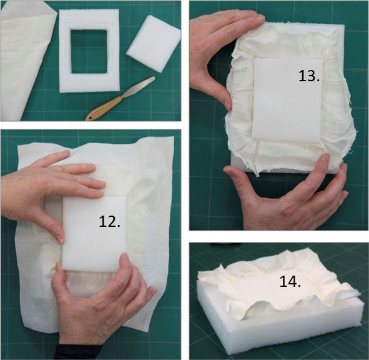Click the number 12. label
pos(109,221)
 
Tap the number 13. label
pos(309,76)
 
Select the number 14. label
pos(290,281)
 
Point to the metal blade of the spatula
pos(139,86)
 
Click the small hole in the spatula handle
pos(90,117)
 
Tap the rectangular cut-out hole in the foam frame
pos(89,51)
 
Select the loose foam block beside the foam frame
pos(154,43)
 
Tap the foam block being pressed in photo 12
pos(94,233)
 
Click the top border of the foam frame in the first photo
pos(89,19)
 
